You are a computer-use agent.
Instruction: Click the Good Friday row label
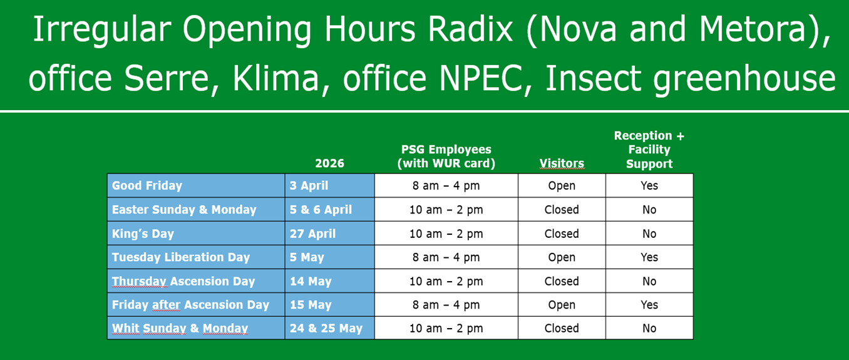[147, 186]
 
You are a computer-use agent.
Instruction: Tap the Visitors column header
[562, 163]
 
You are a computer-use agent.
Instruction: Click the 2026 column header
[330, 163]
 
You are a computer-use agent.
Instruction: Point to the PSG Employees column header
[446, 156]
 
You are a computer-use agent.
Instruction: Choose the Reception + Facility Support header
[649, 150]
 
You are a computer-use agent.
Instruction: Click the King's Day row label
[143, 234]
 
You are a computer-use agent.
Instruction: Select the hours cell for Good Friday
[446, 186]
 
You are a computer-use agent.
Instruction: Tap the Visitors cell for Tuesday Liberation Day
[562, 257]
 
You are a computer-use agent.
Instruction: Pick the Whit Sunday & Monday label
[180, 328]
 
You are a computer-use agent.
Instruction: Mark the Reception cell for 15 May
[649, 305]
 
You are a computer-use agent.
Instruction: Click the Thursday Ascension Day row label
[183, 281]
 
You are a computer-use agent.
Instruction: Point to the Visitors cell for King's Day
[562, 234]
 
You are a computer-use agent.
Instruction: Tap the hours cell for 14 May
[446, 281]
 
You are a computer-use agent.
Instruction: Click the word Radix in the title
[470, 29]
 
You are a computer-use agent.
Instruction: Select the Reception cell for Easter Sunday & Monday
[649, 210]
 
